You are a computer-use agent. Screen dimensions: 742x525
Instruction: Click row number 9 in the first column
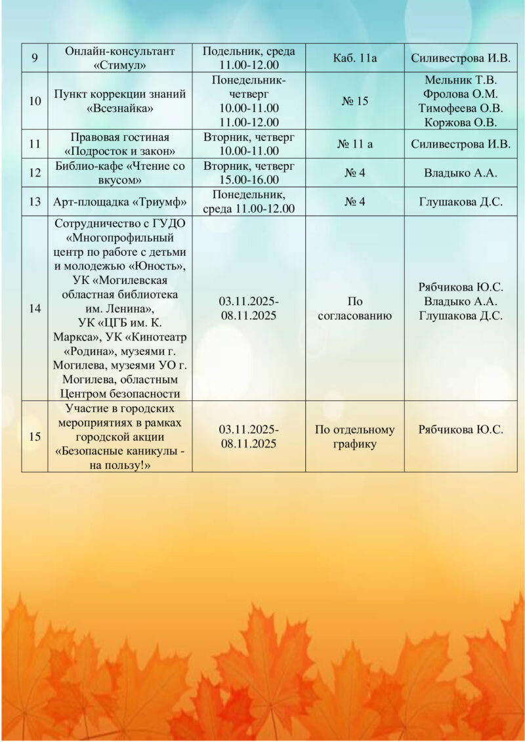click(x=34, y=58)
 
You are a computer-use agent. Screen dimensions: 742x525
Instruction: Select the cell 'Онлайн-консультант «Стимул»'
click(x=119, y=58)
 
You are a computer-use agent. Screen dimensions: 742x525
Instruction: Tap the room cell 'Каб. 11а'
click(x=354, y=58)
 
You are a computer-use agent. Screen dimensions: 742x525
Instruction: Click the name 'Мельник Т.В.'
click(x=461, y=81)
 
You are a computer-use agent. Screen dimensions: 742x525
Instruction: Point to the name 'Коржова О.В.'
click(x=461, y=122)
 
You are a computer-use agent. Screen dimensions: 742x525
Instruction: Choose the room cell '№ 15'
click(x=354, y=101)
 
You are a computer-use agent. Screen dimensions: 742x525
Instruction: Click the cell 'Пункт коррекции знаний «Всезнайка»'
click(x=119, y=101)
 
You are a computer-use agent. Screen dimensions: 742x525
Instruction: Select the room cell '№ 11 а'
click(x=354, y=144)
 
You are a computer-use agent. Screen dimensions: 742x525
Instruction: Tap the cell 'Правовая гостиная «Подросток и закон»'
click(x=119, y=144)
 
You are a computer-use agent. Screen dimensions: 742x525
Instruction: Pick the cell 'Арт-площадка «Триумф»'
click(x=119, y=202)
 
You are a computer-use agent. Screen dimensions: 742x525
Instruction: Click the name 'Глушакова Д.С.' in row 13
click(x=461, y=202)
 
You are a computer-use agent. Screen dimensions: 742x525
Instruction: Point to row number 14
click(x=34, y=308)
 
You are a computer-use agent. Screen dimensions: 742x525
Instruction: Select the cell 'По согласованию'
click(x=354, y=308)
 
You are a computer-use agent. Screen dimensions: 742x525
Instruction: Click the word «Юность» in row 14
click(x=157, y=266)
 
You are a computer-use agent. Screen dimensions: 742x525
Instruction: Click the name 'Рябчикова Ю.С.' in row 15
click(x=461, y=430)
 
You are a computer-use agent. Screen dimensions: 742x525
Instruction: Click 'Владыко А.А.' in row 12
click(x=461, y=173)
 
